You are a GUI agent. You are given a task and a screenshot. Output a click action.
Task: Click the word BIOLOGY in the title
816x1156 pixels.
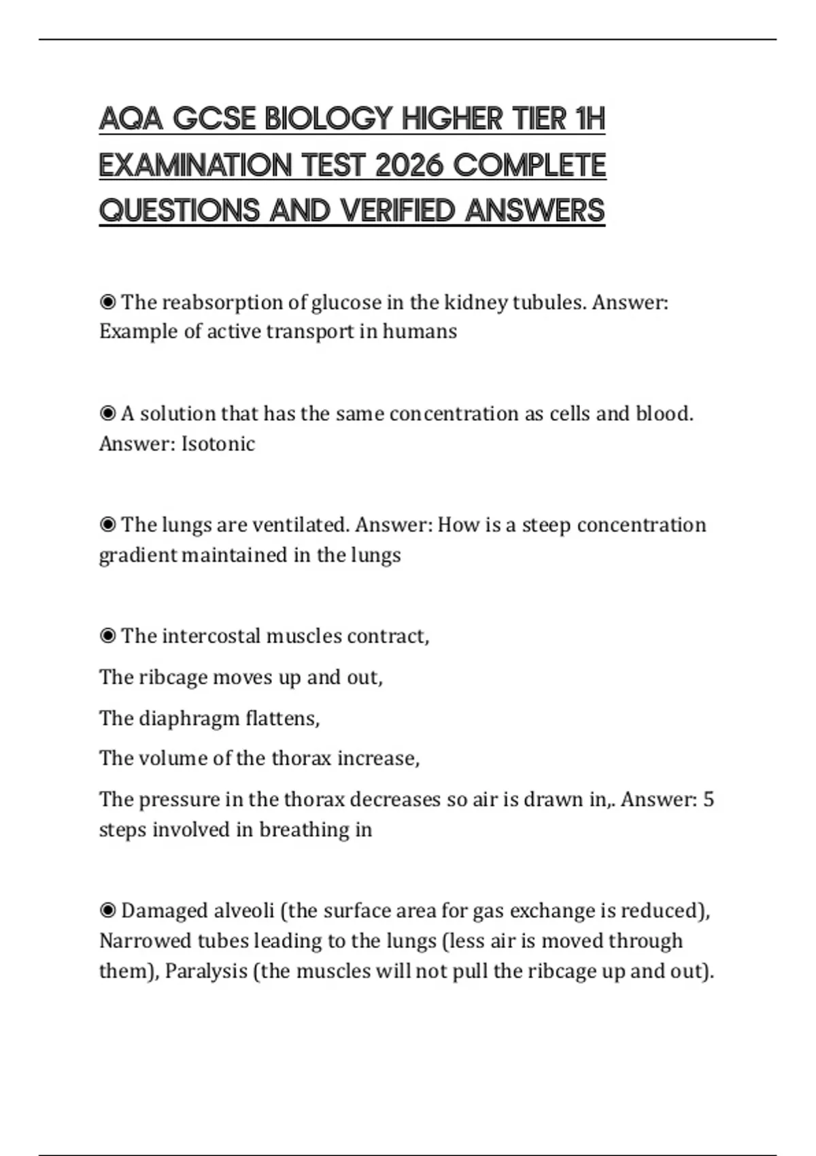328,119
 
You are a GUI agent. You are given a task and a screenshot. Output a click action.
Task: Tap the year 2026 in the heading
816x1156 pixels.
409,165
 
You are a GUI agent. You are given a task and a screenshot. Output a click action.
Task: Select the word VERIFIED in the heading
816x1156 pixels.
398,211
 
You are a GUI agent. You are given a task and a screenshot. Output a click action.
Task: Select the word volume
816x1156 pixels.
173,758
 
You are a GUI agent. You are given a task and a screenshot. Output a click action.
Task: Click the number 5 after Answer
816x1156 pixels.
708,799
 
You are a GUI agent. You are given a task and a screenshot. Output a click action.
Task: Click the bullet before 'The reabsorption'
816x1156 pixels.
107,302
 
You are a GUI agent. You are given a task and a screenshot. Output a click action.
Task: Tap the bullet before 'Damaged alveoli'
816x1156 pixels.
107,911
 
